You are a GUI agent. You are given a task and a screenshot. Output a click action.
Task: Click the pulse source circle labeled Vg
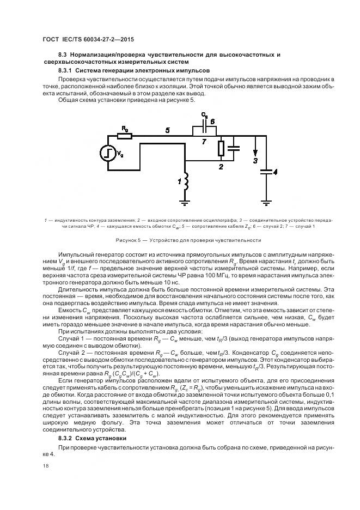click(x=108, y=153)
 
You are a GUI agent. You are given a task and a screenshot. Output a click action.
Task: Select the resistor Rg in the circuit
click(x=125, y=135)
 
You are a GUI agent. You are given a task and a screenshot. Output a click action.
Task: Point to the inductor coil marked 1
click(x=186, y=183)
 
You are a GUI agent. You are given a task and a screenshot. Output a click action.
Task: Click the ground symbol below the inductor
click(x=186, y=203)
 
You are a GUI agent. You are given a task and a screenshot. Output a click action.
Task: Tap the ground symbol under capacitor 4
click(x=266, y=203)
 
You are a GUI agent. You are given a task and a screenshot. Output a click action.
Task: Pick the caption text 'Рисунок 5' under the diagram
click(x=130, y=240)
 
